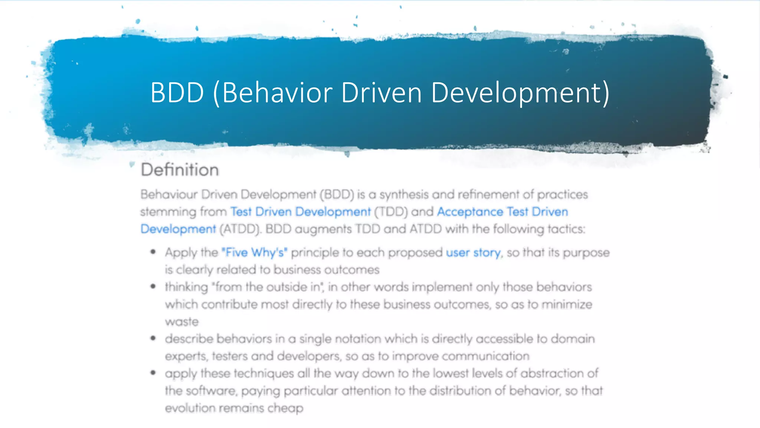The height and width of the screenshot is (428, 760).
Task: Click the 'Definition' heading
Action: point(180,170)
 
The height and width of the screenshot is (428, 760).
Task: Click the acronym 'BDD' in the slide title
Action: point(177,93)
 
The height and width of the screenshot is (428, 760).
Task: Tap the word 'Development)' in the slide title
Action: point(520,93)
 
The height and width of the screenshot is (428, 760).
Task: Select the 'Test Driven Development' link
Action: point(300,212)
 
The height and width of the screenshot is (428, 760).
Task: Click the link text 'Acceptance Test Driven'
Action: point(502,212)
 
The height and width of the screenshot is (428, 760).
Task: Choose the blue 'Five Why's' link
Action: point(255,253)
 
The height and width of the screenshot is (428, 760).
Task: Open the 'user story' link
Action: point(473,253)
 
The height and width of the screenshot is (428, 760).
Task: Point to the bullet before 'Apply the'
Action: point(153,252)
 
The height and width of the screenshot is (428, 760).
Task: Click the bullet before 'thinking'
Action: point(153,286)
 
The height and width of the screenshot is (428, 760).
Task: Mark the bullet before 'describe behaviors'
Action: point(153,338)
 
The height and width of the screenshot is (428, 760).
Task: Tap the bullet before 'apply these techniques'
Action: point(153,373)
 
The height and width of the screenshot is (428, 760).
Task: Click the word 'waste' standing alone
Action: point(182,322)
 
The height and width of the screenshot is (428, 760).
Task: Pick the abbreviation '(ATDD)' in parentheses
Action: point(240,229)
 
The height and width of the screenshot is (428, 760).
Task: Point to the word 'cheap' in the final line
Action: point(285,408)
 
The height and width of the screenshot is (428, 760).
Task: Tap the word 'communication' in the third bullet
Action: point(486,356)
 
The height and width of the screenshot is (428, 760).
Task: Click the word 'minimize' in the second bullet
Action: point(567,305)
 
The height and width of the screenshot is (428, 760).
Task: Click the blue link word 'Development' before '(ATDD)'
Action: point(178,229)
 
